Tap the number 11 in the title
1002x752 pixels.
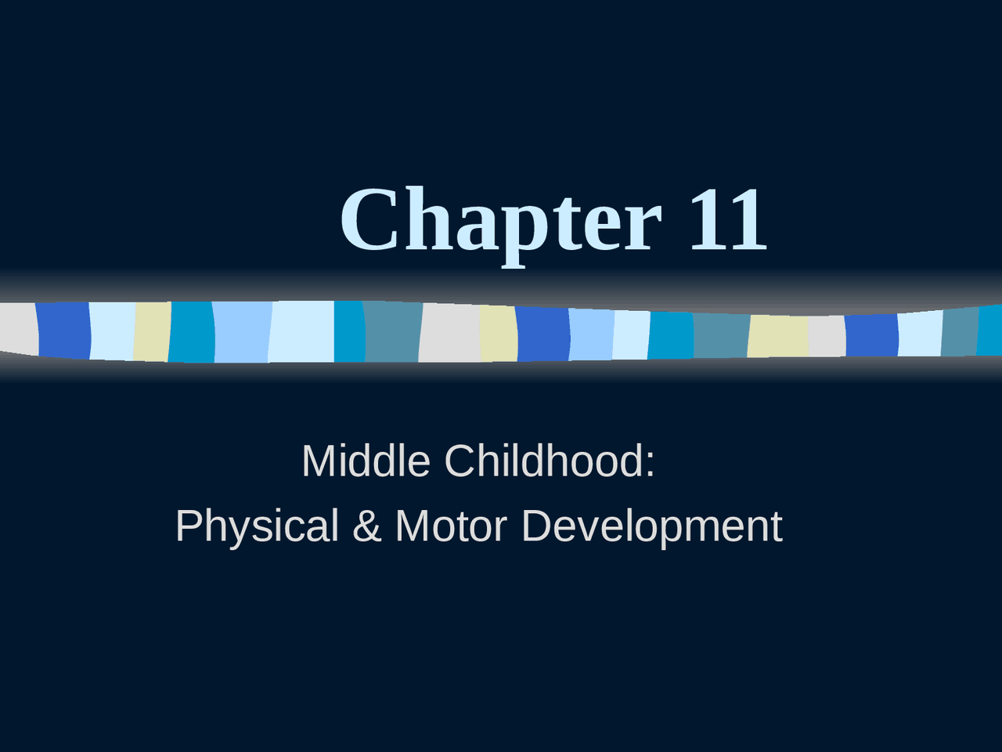[728, 221]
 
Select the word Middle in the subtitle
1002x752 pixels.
[366, 461]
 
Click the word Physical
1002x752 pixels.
[257, 526]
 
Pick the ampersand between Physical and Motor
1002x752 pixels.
[366, 526]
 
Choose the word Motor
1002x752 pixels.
[451, 526]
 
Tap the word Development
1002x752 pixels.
[651, 526]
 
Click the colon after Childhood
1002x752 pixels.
[650, 462]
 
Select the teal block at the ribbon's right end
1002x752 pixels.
[990, 330]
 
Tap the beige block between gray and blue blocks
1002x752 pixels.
[499, 333]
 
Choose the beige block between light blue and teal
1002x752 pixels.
[152, 332]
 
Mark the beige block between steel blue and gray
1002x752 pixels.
[778, 336]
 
